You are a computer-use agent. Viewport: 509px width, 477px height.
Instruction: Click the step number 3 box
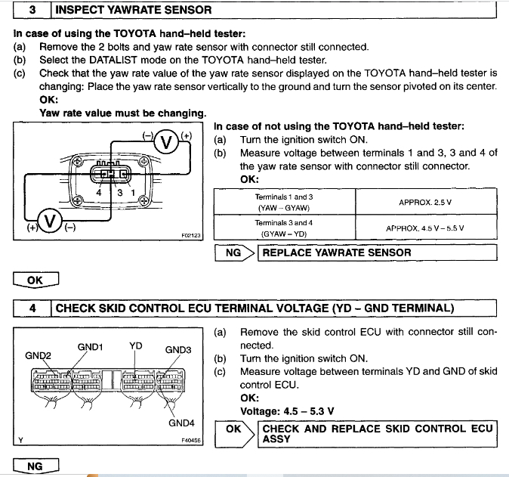click(x=32, y=11)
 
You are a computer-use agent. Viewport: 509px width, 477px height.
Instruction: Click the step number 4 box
click(x=32, y=308)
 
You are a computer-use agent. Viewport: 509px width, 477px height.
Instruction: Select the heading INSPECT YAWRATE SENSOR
click(x=134, y=11)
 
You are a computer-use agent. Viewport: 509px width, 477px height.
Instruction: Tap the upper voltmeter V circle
click(x=168, y=141)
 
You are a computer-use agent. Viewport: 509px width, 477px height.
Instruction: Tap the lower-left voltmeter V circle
click(x=51, y=221)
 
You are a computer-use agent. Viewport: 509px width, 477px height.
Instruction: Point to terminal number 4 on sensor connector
click(x=97, y=193)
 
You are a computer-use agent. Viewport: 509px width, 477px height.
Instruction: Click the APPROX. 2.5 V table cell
click(x=424, y=203)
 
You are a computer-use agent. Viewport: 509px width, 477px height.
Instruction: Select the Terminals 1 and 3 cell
click(x=284, y=202)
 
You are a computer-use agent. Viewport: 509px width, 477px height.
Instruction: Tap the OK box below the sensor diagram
click(x=35, y=280)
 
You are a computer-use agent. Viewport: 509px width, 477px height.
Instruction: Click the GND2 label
click(x=38, y=355)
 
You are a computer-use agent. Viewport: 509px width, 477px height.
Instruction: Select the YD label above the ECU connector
click(x=136, y=345)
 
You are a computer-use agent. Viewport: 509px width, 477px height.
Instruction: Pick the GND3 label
click(x=178, y=350)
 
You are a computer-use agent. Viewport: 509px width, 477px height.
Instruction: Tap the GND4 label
click(x=182, y=423)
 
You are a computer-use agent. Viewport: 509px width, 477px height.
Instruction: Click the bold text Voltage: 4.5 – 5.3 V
click(x=286, y=411)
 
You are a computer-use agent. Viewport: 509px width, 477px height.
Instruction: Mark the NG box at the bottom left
click(x=35, y=466)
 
